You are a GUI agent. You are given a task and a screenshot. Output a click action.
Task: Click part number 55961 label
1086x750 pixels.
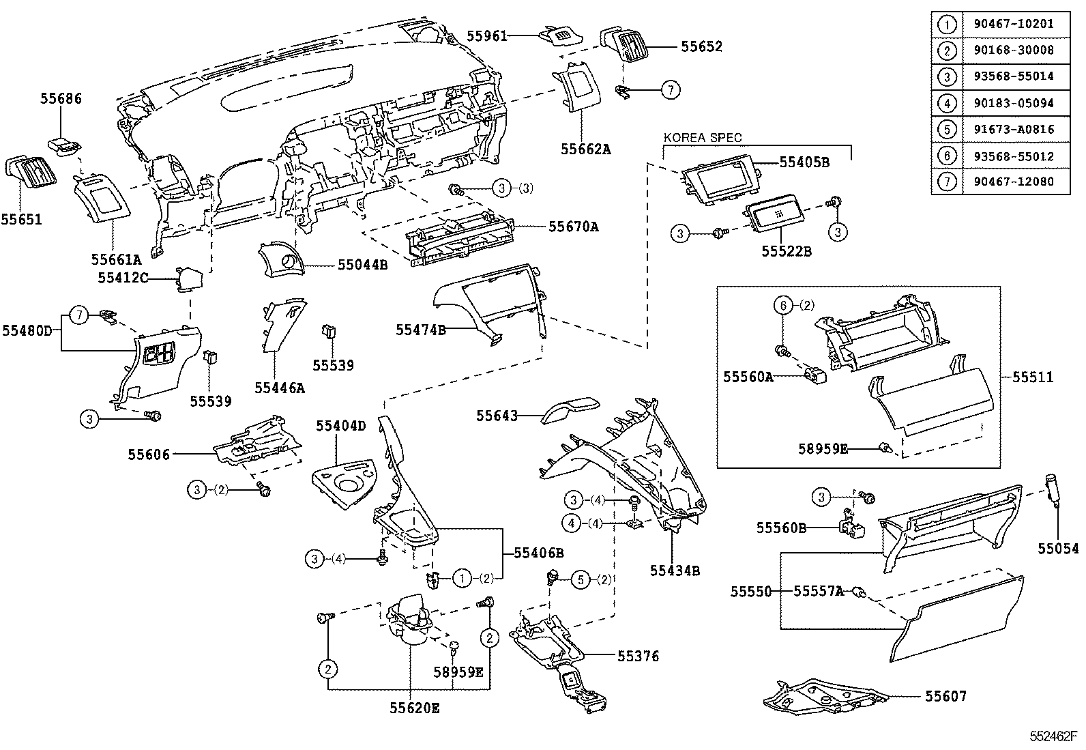[487, 35]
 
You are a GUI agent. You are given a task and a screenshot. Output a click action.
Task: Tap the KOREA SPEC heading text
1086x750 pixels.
[702, 138]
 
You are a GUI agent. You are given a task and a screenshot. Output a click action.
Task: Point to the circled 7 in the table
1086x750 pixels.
[947, 182]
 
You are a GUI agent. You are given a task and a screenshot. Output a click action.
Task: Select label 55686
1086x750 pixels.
[61, 99]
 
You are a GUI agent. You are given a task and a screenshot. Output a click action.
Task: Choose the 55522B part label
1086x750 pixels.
[787, 251]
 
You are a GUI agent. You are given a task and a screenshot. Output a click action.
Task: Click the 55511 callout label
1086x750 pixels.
[1032, 377]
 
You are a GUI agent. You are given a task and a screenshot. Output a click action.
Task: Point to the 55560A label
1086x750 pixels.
[748, 376]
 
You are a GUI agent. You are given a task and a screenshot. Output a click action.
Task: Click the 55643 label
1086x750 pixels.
[497, 415]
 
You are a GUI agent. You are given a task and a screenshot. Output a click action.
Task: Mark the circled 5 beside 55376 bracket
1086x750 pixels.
[579, 579]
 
